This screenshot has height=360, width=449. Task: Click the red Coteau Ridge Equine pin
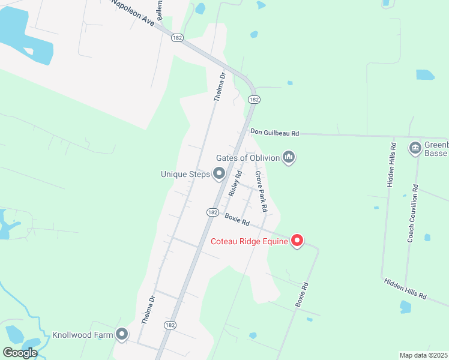pyautogui.click(x=297, y=241)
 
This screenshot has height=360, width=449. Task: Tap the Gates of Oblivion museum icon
pyautogui.click(x=289, y=157)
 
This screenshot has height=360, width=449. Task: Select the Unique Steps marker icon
pyautogui.click(x=219, y=174)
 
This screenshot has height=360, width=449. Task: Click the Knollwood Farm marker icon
pyautogui.click(x=122, y=334)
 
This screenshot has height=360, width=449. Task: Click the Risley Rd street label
pyautogui.click(x=235, y=184)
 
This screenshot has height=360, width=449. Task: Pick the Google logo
pyautogui.click(x=20, y=353)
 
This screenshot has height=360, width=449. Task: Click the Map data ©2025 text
pyautogui.click(x=423, y=355)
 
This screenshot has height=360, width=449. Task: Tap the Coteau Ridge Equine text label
pyautogui.click(x=249, y=242)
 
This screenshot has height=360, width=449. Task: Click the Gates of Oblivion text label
pyautogui.click(x=248, y=158)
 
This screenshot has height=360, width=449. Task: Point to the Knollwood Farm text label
pyautogui.click(x=82, y=335)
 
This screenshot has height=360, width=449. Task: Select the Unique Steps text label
pyautogui.click(x=185, y=175)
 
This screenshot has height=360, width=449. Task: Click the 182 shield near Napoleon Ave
pyautogui.click(x=176, y=37)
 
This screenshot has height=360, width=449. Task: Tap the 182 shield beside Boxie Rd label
pyautogui.click(x=212, y=212)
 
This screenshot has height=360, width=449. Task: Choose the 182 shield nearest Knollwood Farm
pyautogui.click(x=170, y=325)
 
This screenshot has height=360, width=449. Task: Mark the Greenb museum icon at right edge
pyautogui.click(x=415, y=148)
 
